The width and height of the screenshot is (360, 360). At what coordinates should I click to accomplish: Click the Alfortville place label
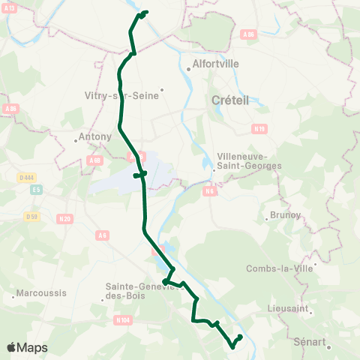[x=216, y=64]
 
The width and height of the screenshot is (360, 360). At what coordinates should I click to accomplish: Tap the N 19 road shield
[x=260, y=129]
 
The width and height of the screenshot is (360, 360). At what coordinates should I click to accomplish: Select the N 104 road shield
[x=124, y=320]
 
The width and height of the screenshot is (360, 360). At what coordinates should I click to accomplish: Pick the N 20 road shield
[x=66, y=219]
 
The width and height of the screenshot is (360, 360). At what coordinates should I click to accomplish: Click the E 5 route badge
[x=35, y=190]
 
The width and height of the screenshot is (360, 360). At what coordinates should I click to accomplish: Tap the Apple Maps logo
[x=27, y=348]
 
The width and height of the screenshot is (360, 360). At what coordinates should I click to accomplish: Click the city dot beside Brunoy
[x=267, y=220]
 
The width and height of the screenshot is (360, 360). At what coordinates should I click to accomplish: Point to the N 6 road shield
[x=210, y=191]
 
